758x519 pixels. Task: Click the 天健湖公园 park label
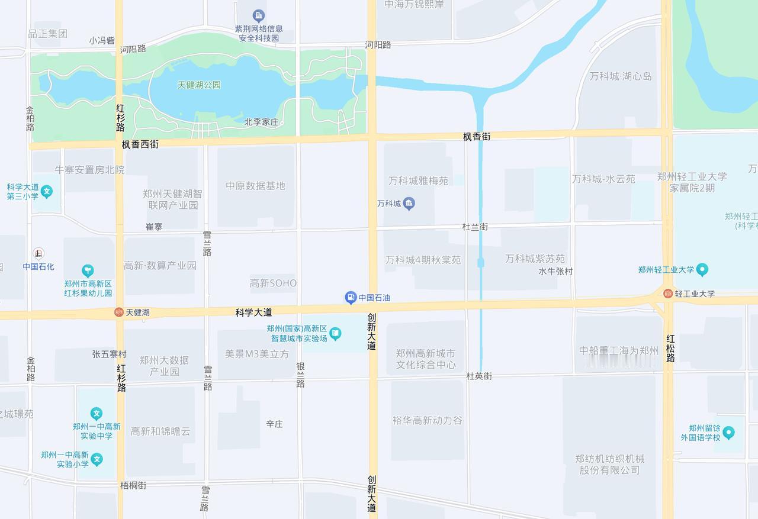click(x=199, y=85)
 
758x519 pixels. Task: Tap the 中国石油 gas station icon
click(x=351, y=298)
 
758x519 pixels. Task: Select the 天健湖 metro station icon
click(x=119, y=312)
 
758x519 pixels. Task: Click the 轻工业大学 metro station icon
click(x=668, y=294)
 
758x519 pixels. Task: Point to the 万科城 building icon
click(x=409, y=204)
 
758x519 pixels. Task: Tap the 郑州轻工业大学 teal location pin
click(x=702, y=270)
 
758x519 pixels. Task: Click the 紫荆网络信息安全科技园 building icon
click(x=258, y=15)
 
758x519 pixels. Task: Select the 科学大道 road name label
click(x=253, y=312)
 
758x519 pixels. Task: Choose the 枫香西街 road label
click(x=140, y=144)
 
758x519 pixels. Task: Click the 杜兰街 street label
click(x=475, y=227)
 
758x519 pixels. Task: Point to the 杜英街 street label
click(x=478, y=376)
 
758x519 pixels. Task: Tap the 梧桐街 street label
click(x=133, y=485)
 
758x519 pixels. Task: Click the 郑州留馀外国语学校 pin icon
click(x=728, y=433)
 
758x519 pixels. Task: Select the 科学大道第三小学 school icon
click(x=47, y=191)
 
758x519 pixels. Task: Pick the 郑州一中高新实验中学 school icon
click(x=97, y=414)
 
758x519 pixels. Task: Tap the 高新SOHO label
click(x=273, y=283)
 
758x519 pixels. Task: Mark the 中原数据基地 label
click(x=255, y=186)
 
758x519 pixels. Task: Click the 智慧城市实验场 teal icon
click(x=335, y=334)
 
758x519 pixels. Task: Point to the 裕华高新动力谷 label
click(x=427, y=420)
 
